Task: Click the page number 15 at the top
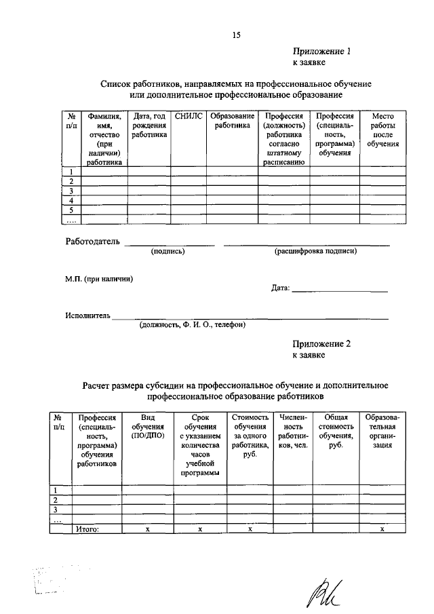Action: [x=236, y=35]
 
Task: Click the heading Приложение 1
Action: [x=322, y=51]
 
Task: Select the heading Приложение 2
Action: [x=322, y=344]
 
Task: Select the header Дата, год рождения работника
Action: [x=149, y=126]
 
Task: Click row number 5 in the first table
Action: [x=71, y=210]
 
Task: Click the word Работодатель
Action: [x=93, y=241]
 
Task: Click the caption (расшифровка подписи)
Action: [x=315, y=252]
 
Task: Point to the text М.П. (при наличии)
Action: [x=99, y=280]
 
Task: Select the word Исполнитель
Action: [x=88, y=315]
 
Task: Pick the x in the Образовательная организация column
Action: [x=382, y=529]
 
